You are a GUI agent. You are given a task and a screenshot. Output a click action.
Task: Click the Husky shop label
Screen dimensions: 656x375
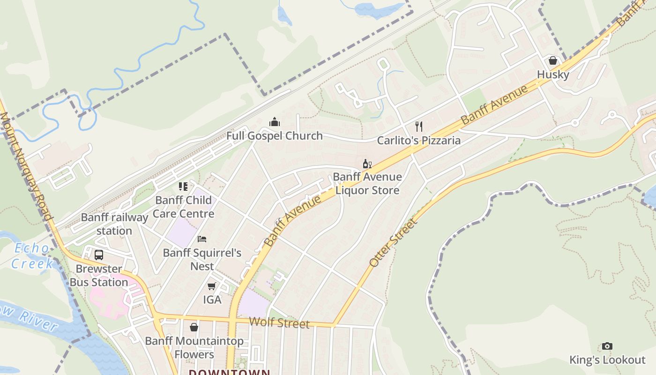(553, 75)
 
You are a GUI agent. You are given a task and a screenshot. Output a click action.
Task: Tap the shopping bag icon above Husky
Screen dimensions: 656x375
(553, 60)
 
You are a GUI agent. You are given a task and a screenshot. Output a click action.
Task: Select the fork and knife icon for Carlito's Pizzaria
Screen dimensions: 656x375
(419, 126)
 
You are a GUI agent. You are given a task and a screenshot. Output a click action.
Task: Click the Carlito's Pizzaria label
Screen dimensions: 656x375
(419, 140)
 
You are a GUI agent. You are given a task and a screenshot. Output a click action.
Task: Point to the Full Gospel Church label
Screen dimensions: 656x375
(275, 136)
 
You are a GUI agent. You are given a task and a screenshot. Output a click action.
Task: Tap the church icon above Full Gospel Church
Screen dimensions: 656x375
(275, 122)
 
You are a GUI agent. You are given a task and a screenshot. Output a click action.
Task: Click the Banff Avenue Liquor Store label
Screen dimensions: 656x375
(367, 183)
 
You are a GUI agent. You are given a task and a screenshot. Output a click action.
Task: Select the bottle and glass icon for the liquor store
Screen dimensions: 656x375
(367, 164)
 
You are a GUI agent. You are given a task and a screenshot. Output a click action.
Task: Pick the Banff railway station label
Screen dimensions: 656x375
(114, 224)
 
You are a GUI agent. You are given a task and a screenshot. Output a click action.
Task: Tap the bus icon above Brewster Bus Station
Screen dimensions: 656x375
(99, 255)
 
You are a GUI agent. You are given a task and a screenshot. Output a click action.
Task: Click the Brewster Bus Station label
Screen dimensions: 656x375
(99, 276)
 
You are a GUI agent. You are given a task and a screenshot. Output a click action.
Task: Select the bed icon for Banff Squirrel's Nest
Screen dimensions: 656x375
(202, 239)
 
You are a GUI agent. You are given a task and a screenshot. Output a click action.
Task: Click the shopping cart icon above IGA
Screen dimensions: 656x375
(212, 285)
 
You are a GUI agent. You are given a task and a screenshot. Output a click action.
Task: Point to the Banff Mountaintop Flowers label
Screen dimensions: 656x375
(194, 347)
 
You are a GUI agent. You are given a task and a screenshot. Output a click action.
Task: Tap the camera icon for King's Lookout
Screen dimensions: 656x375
(607, 346)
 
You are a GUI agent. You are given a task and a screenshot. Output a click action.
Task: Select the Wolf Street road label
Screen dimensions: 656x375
(279, 322)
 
